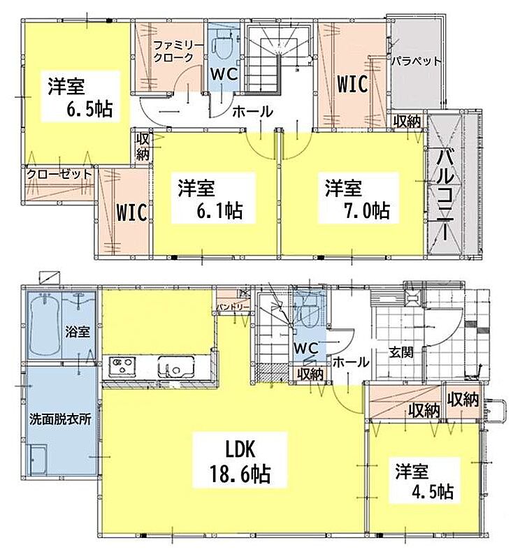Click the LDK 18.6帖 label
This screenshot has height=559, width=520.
click(240, 460)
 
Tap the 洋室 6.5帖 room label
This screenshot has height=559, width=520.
click(80, 97)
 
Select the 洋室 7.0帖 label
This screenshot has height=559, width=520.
click(358, 199)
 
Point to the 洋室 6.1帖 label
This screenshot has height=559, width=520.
click(211, 199)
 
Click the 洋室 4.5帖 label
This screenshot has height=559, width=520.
click(424, 481)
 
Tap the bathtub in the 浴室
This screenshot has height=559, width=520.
click(44, 325)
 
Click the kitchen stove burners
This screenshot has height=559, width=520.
click(122, 365)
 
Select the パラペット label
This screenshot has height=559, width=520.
click(417, 61)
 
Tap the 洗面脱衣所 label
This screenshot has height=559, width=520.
click(60, 419)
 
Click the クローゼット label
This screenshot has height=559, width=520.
click(59, 174)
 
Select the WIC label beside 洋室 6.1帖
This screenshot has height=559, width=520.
click(131, 212)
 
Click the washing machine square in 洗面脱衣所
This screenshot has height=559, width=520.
click(38, 460)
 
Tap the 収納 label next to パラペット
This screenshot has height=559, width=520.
click(407, 122)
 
